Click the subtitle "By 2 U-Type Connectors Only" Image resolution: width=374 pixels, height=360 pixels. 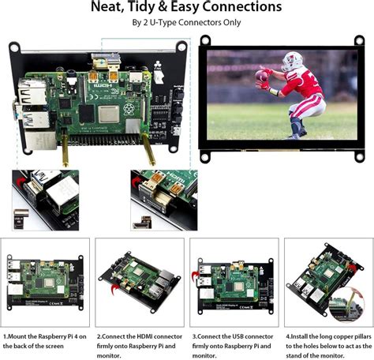pos(186,23)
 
